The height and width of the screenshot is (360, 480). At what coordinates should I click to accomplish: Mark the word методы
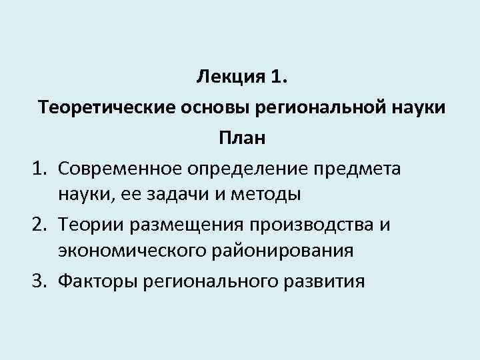pos(271,195)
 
